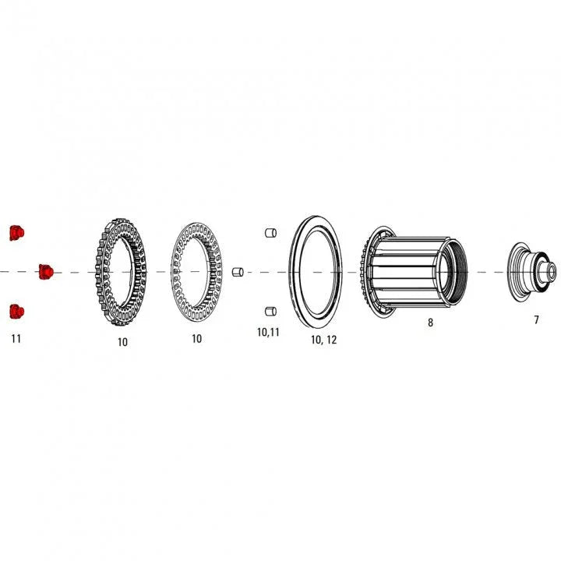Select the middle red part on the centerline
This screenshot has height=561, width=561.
tap(45, 271)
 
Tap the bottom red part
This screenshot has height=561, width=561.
tap(16, 312)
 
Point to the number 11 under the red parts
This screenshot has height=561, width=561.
tap(16, 339)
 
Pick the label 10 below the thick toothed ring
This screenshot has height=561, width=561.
tap(123, 341)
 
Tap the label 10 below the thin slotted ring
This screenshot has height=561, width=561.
tap(196, 339)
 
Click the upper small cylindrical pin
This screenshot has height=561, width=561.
tap(271, 232)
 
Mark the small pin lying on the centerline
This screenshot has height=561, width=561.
tap(238, 271)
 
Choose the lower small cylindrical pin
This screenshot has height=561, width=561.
tap(271, 312)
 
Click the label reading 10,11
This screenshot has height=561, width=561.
tap(268, 332)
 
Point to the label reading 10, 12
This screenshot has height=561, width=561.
tap(323, 340)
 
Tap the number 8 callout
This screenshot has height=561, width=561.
tap(430, 322)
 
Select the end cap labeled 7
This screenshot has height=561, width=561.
tap(533, 271)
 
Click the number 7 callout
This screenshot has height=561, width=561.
tap(536, 319)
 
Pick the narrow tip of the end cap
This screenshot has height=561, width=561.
tap(552, 272)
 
